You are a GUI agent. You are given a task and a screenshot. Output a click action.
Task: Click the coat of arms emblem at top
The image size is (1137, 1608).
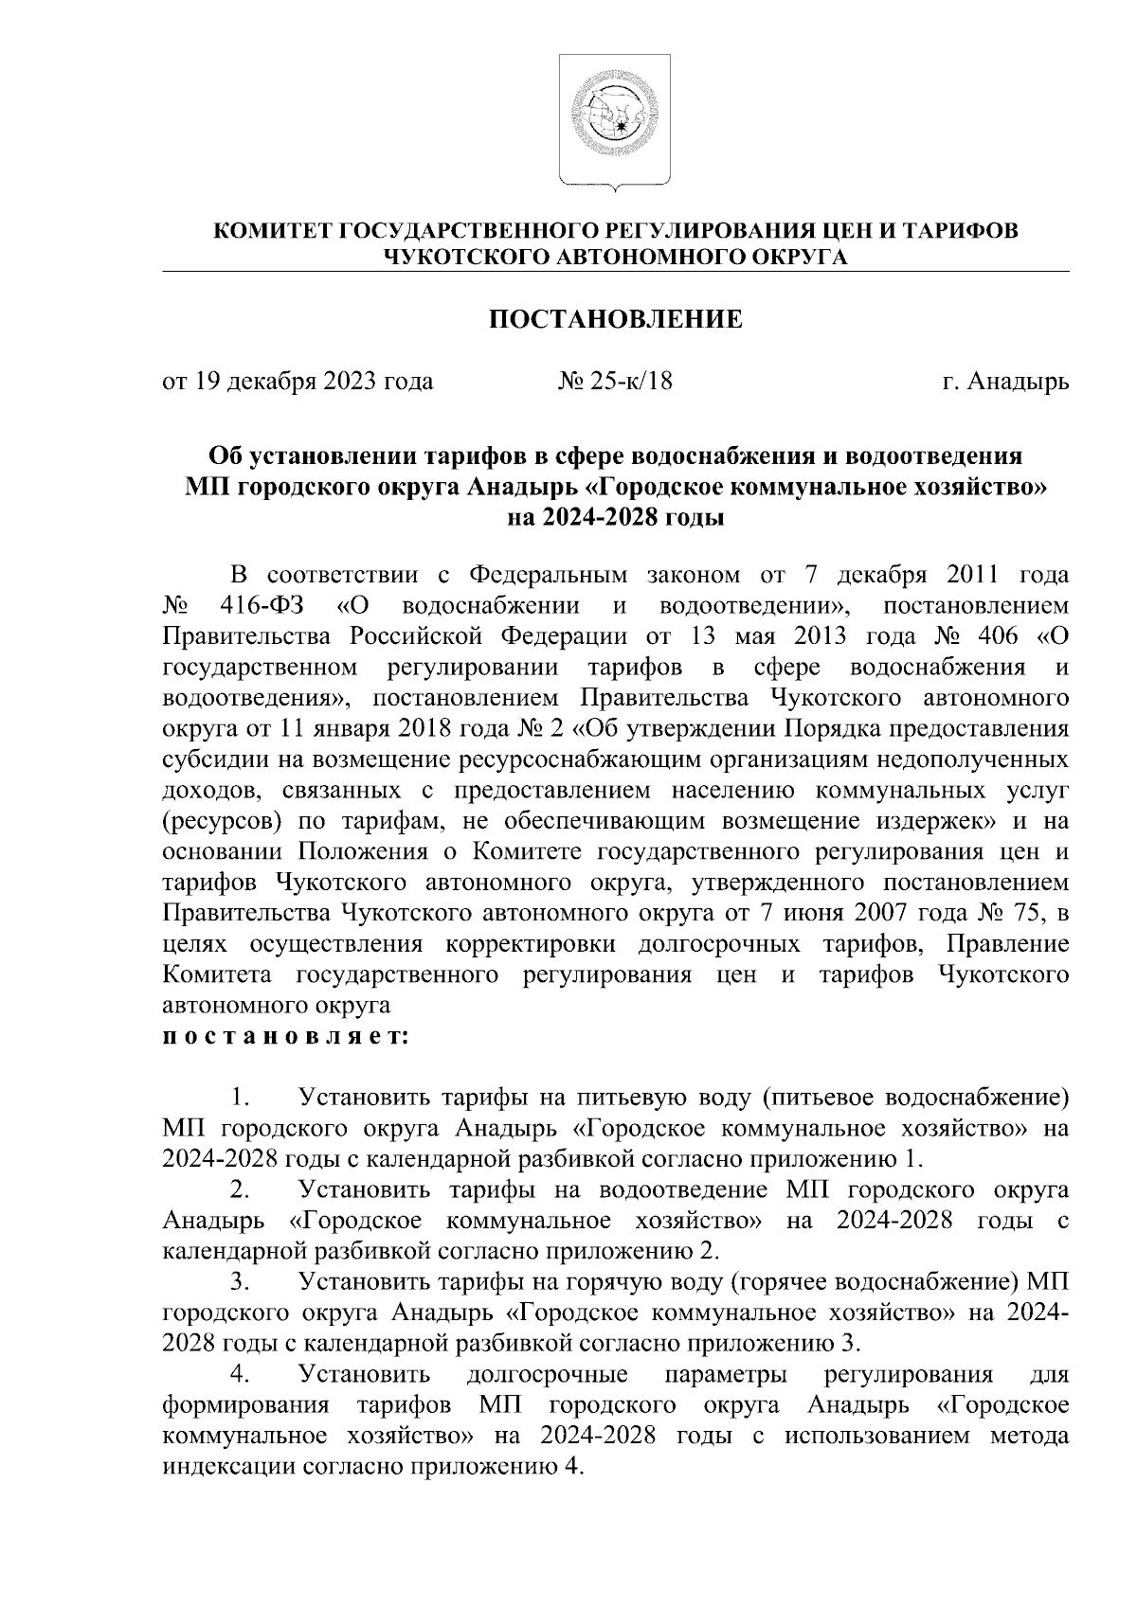pos(615,120)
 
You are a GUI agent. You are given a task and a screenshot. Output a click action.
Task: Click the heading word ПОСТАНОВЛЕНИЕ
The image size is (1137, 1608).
pos(615,320)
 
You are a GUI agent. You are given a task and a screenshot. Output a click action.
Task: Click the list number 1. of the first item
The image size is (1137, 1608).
pos(239,1099)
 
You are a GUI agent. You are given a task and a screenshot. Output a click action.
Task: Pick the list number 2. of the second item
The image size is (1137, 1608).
pos(239,1190)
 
